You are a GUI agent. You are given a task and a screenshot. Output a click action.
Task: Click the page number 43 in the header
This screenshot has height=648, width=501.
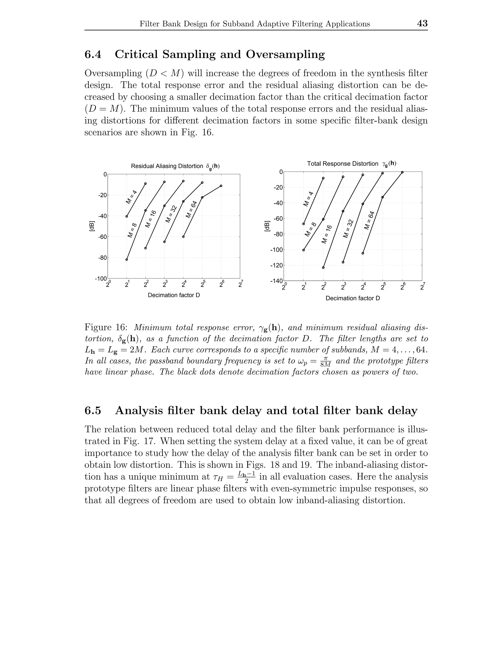[422, 23]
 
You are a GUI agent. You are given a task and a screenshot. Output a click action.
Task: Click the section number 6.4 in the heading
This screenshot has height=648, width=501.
[93, 54]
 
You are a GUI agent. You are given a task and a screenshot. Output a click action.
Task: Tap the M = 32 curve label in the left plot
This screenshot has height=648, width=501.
[171, 214]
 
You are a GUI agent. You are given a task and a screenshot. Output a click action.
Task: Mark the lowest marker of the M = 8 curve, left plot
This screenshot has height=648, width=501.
[127, 260]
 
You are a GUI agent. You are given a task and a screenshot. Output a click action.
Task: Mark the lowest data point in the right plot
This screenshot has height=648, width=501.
[323, 268]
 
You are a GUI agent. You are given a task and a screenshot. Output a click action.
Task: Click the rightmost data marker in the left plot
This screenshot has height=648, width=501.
[221, 186]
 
